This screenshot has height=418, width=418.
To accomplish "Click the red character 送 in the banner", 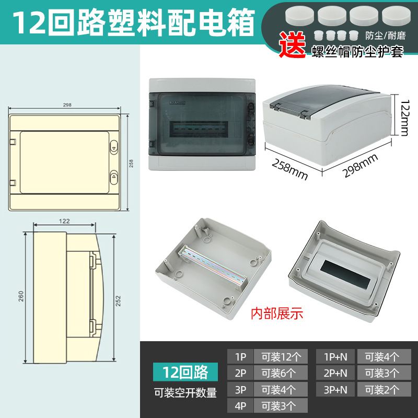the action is point(293,45).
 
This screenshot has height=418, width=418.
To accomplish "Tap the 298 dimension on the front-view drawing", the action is point(67,105).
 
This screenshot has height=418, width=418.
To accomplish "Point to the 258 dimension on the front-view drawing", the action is point(131,164).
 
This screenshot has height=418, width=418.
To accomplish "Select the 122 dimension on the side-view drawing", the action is point(64,221).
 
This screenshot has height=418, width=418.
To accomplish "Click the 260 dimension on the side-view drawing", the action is point(21,296).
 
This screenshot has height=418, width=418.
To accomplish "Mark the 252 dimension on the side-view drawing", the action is point(118,301).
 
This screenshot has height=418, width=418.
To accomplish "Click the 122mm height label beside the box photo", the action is point(404,118).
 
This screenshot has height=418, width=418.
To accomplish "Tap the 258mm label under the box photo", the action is point(290,169).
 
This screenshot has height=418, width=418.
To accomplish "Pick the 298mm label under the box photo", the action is point(360,166).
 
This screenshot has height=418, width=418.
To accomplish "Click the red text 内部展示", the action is point(277,313).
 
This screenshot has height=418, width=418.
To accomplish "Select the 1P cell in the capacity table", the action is point(240,357).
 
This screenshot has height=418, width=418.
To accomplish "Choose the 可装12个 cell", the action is point(281,357).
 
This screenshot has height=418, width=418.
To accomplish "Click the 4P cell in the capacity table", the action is point(240,406).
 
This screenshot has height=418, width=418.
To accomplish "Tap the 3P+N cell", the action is point(335,389).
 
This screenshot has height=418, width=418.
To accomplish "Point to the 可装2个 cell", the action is point(384,389).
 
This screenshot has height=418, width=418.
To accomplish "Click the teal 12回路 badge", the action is point(185,372).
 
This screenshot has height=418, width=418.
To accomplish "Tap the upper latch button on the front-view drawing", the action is point(114,147).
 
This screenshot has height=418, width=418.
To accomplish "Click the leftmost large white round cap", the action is point(299,16).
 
